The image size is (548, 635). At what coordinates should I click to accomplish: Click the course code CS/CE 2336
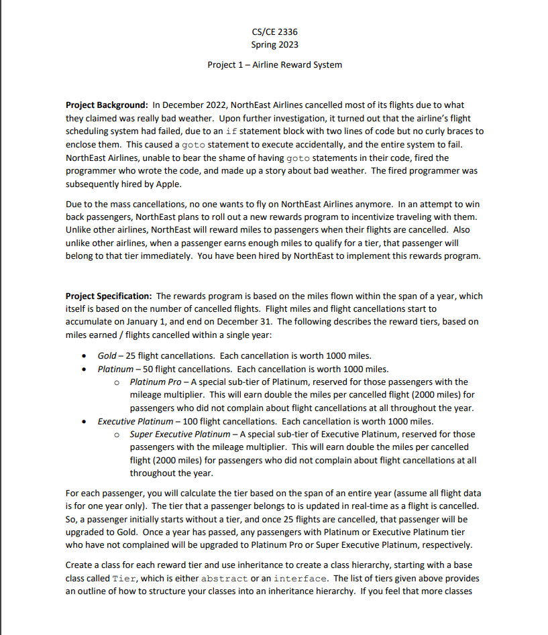click(274, 32)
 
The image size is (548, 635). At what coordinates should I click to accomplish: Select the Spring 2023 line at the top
click(274, 45)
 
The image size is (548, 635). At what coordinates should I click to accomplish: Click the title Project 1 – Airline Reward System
click(274, 65)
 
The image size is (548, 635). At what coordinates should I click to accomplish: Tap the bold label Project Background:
click(107, 105)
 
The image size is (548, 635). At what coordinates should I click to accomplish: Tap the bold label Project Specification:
click(109, 296)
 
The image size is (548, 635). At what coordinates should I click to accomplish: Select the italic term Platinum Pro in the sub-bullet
click(153, 382)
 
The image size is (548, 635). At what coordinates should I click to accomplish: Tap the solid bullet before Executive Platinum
click(83, 422)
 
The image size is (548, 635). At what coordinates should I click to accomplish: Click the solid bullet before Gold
click(83, 356)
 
